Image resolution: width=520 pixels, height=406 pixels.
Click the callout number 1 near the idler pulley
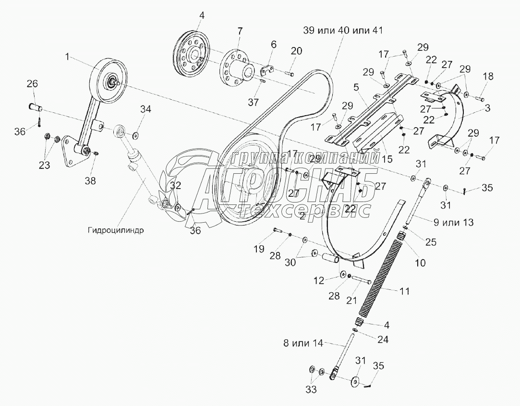pyautogui.click(x=67, y=57)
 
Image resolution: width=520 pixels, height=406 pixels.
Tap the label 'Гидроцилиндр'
pyautogui.click(x=116, y=230)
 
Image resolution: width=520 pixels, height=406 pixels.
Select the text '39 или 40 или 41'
pyautogui.click(x=343, y=31)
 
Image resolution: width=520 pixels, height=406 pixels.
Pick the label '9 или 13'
pyautogui.click(x=453, y=222)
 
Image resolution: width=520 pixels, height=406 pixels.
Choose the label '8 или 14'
pyautogui.click(x=303, y=343)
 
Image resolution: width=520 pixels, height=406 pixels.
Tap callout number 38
pyautogui.click(x=90, y=180)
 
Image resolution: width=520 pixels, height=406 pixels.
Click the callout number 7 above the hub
pyautogui.click(x=240, y=31)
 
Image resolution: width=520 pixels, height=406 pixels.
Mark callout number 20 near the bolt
pyautogui.click(x=296, y=51)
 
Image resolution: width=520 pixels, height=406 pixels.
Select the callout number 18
pyautogui.click(x=488, y=76)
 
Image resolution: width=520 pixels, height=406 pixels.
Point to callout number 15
pyautogui.click(x=387, y=159)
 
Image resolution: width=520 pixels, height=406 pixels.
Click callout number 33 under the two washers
pyautogui.click(x=311, y=389)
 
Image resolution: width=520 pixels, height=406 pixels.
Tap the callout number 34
pyautogui.click(x=145, y=109)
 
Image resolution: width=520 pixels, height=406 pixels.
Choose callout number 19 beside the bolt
pyautogui.click(x=259, y=249)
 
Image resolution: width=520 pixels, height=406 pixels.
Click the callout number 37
pyautogui.click(x=254, y=102)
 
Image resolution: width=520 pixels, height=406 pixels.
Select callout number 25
pyautogui.click(x=431, y=242)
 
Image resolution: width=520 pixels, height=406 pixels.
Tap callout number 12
pyautogui.click(x=319, y=281)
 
